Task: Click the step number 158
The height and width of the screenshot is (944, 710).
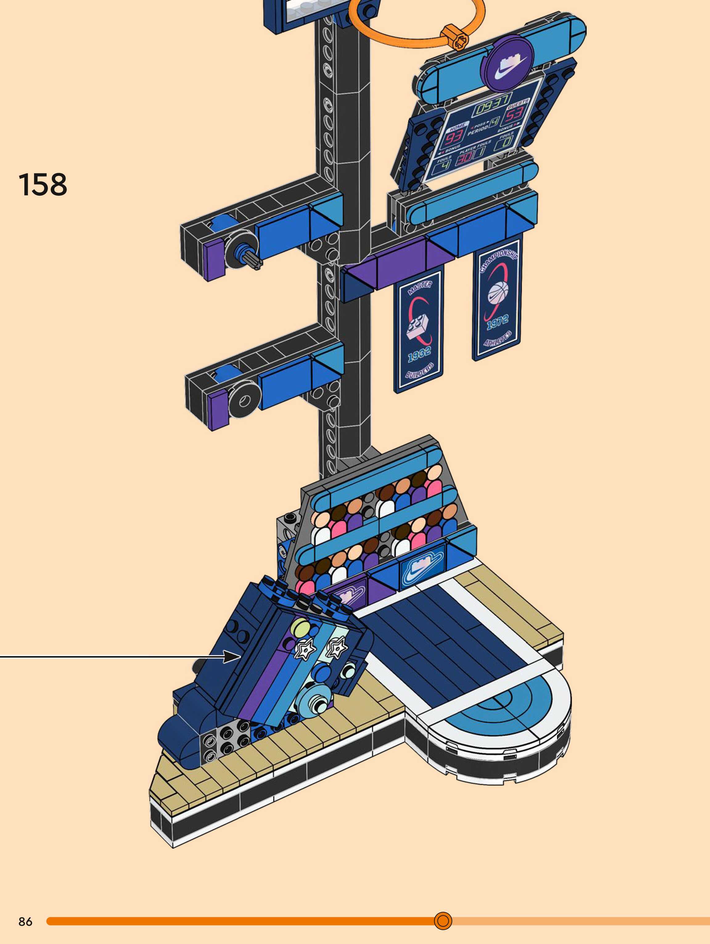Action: pos(43,185)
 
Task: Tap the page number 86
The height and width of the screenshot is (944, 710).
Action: pos(25,922)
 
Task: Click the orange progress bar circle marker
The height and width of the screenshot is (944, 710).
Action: pos(443,921)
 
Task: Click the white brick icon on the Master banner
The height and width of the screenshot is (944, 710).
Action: pos(420,327)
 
